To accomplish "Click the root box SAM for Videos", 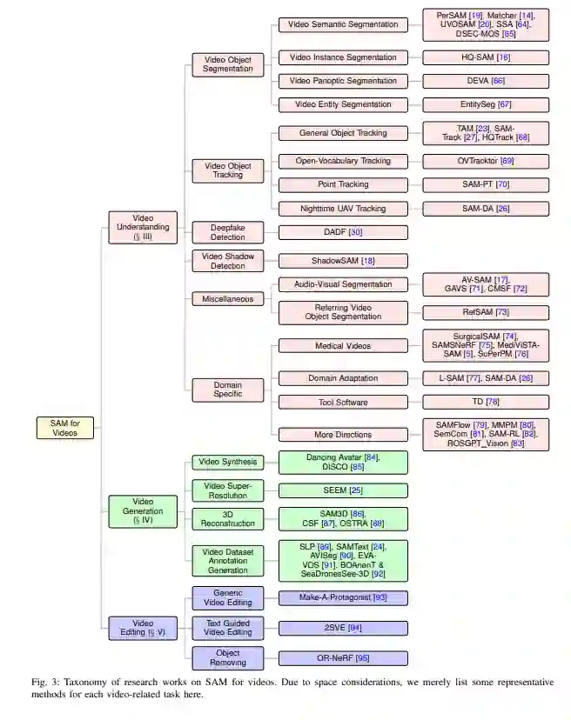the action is [x=65, y=428].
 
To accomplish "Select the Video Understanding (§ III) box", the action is [x=143, y=227].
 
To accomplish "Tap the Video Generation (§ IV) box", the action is [x=143, y=510].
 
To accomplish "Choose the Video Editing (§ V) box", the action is [x=143, y=628].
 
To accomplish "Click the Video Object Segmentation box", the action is [x=227, y=63].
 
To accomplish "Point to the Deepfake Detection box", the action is [x=227, y=232].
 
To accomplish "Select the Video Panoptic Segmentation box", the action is [x=343, y=81].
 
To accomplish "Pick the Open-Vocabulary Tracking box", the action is [x=343, y=161].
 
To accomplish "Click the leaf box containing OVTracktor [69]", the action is [x=486, y=161].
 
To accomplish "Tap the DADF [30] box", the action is [x=343, y=232].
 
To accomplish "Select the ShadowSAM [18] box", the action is [x=343, y=261].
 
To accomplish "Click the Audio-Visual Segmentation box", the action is [x=343, y=284].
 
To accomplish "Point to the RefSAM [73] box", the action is [x=486, y=312].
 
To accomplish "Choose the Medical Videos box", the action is [x=343, y=345].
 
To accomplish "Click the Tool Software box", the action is [x=343, y=402].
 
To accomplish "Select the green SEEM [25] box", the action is [x=343, y=490].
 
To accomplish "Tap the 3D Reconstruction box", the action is [x=227, y=518].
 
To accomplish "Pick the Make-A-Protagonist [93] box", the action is [x=343, y=598].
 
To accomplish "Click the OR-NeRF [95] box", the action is [x=343, y=658].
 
